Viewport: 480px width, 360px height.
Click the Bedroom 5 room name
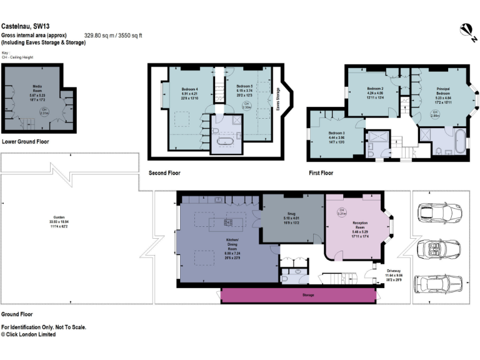(x=243, y=85)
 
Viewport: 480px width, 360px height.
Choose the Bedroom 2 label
(x=374, y=89)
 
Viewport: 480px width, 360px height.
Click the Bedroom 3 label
(x=337, y=132)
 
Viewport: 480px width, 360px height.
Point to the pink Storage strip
(x=299, y=295)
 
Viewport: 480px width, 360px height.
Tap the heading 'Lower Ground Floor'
(x=26, y=142)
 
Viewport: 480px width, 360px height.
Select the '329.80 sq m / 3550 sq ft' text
(x=113, y=36)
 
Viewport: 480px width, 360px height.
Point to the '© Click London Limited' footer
(x=28, y=334)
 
